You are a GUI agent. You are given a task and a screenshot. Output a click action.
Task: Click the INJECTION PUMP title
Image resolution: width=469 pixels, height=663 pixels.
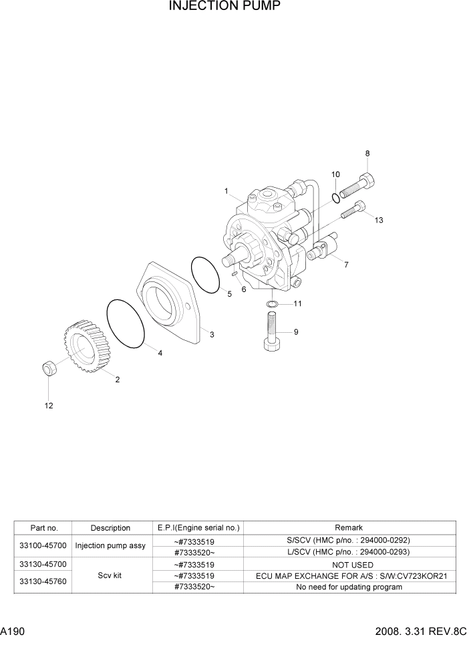pyautogui.click(x=224, y=7)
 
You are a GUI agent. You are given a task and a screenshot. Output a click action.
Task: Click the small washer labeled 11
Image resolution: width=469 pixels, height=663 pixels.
pyautogui.click(x=273, y=305)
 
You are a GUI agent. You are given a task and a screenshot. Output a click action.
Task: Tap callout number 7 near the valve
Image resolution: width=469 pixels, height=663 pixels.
pyautogui.click(x=346, y=265)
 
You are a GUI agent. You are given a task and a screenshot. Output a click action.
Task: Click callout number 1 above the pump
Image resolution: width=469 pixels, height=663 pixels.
pyautogui.click(x=226, y=191)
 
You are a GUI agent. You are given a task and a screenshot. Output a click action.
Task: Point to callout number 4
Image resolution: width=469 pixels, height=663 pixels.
pyautogui.click(x=160, y=353)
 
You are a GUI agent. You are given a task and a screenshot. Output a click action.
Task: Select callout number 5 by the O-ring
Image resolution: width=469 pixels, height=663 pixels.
pyautogui.click(x=229, y=294)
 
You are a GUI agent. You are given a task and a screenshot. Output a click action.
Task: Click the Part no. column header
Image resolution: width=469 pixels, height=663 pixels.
pyautogui.click(x=43, y=528)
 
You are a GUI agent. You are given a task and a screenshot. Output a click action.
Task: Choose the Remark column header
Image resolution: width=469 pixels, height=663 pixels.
pyautogui.click(x=349, y=528)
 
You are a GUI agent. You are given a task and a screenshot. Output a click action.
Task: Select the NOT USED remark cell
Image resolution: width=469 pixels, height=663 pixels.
pyautogui.click(x=349, y=565)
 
